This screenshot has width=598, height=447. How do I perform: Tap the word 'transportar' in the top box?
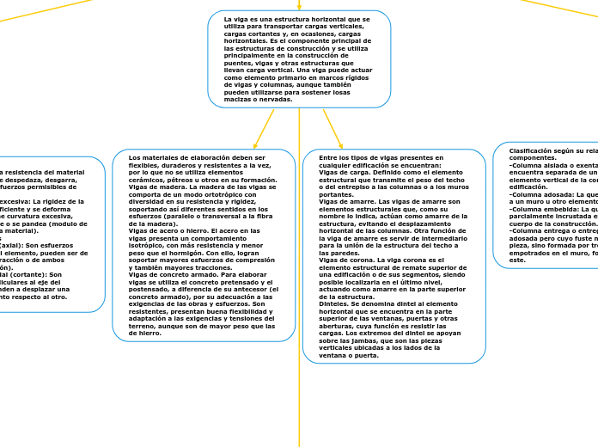click(295, 26)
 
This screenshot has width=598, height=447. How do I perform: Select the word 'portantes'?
click(336, 194)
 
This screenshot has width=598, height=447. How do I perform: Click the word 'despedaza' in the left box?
click(40, 179)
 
